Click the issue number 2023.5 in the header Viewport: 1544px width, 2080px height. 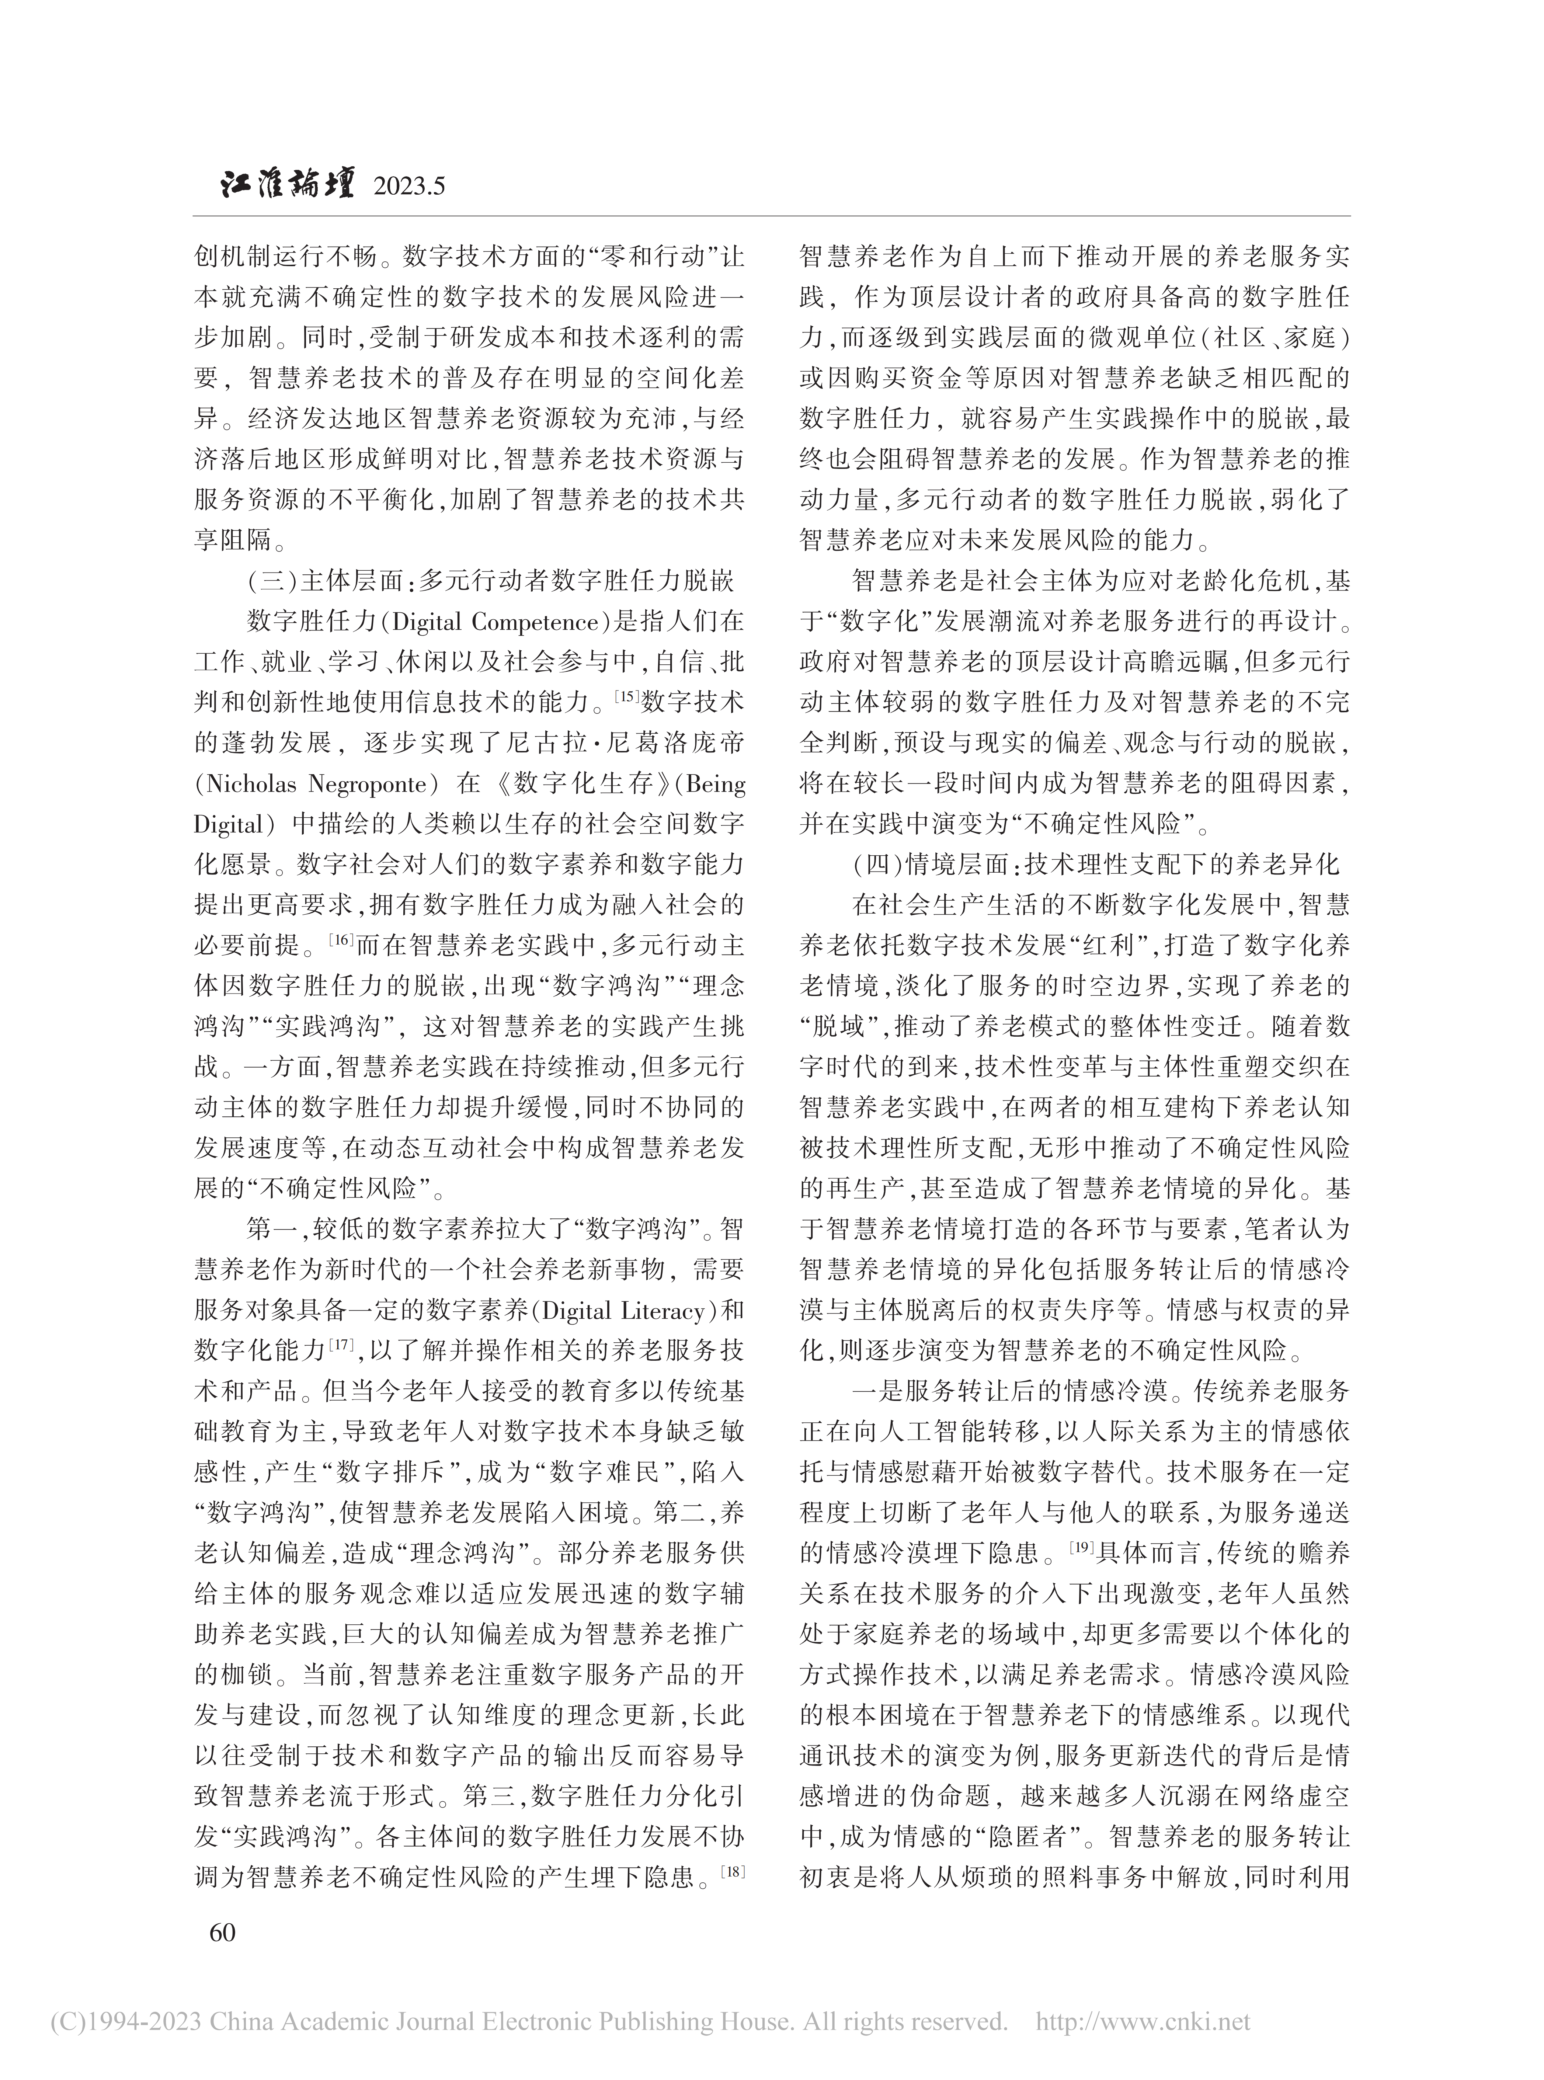click(408, 187)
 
